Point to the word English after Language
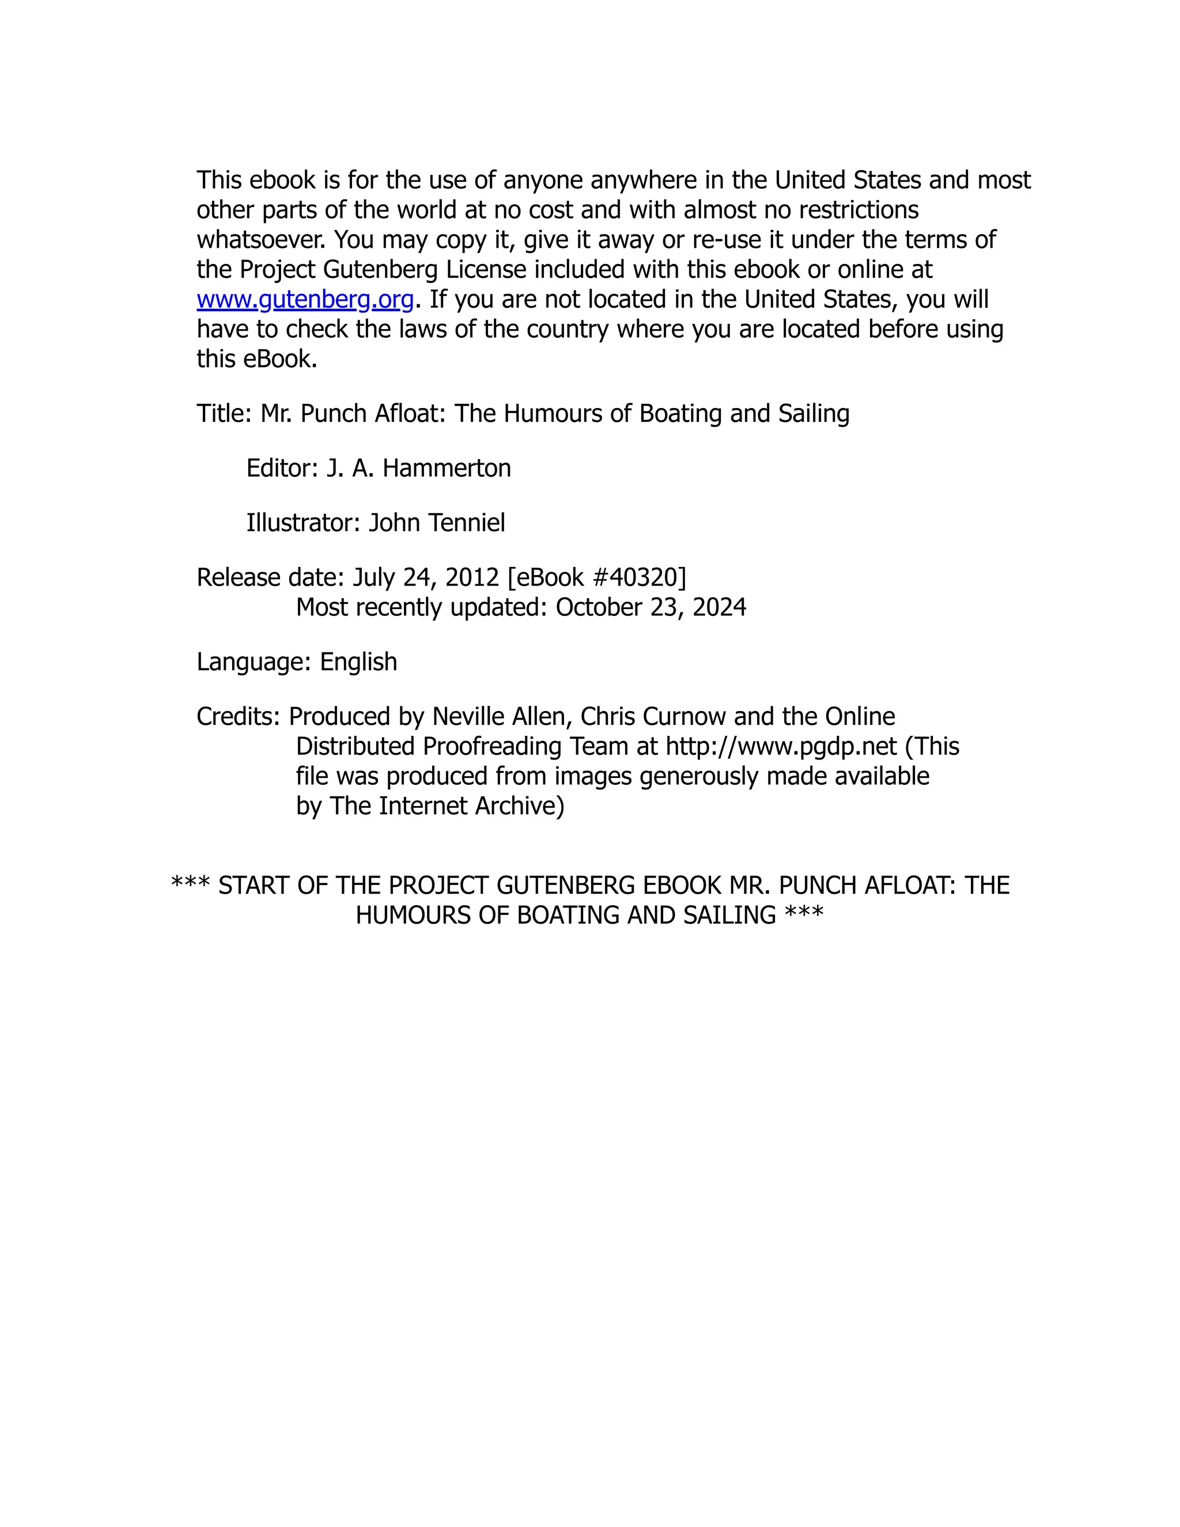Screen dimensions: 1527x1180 [x=358, y=662]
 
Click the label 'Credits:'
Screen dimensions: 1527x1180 [x=239, y=717]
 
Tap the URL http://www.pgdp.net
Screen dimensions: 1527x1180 [x=781, y=747]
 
